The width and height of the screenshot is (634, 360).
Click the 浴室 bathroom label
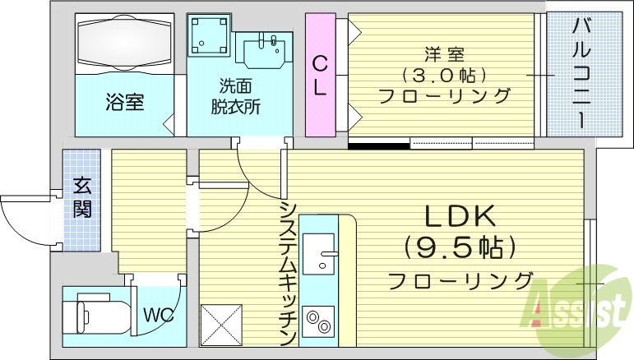pyautogui.click(x=124, y=103)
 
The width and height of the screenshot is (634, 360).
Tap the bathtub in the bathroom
pyautogui.click(x=125, y=44)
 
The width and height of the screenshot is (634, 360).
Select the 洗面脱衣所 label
pyautogui.click(x=239, y=95)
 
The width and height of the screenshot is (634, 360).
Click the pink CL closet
pyautogui.click(x=320, y=75)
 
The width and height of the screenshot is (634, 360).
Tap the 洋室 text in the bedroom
pyautogui.click(x=444, y=55)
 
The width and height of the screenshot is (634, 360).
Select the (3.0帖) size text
pyautogui.click(x=444, y=76)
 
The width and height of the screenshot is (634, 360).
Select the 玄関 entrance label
pyautogui.click(x=81, y=196)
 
